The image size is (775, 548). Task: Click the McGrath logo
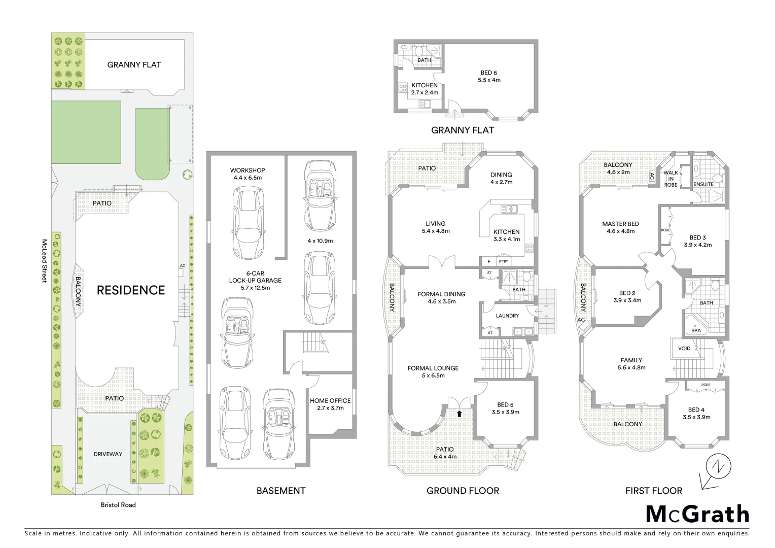click(x=697, y=514)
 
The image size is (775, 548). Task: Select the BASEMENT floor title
click(x=280, y=491)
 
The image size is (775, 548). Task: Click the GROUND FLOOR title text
click(x=463, y=491)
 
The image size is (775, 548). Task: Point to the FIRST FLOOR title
click(x=653, y=491)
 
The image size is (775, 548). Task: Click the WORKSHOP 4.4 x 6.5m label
click(x=248, y=174)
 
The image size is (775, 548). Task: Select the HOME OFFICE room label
click(x=330, y=404)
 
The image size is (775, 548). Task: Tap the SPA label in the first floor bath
click(x=696, y=330)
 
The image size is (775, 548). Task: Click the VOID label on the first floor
click(x=684, y=349)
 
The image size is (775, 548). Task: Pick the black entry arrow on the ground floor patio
click(x=460, y=414)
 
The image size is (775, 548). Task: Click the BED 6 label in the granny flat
click(x=489, y=76)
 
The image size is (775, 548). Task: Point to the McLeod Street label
click(x=45, y=261)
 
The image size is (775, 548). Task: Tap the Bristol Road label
click(x=118, y=505)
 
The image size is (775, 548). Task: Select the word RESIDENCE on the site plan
click(x=131, y=290)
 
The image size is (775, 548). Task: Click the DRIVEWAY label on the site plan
click(x=108, y=454)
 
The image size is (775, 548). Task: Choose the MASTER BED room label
click(x=620, y=227)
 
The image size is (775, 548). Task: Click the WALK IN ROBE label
click(x=671, y=179)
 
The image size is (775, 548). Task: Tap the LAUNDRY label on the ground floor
click(x=507, y=316)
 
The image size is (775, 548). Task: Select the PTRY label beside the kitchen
click(x=503, y=262)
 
